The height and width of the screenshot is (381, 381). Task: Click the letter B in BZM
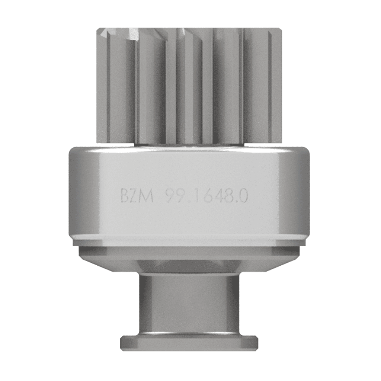coord(125,196)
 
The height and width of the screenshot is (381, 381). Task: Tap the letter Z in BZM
coord(135,196)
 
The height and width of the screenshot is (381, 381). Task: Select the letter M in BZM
coord(147,196)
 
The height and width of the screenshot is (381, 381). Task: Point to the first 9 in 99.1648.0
coord(169,196)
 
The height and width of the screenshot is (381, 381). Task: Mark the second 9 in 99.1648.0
coord(180,196)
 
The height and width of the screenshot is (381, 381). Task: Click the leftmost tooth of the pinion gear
coord(102,86)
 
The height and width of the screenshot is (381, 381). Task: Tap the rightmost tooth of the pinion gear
coord(276,86)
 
